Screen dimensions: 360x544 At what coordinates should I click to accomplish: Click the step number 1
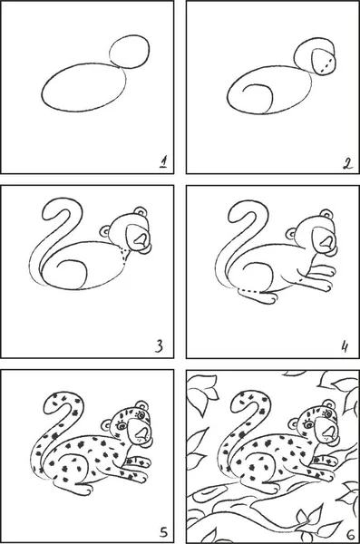(163, 161)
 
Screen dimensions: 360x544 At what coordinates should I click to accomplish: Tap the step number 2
(347, 162)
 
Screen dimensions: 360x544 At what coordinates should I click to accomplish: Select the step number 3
(159, 346)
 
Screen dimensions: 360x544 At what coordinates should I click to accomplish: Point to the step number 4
(345, 346)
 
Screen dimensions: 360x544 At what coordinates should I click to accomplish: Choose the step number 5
(163, 531)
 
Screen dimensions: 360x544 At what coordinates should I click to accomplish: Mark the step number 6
(350, 532)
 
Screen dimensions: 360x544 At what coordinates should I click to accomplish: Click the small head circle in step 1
(130, 52)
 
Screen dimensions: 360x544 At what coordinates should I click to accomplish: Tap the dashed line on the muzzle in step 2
(326, 66)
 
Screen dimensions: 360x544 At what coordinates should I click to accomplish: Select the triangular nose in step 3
(141, 239)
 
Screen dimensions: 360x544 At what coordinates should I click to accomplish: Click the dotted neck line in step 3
(123, 254)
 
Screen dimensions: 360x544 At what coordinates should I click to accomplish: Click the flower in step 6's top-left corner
(202, 394)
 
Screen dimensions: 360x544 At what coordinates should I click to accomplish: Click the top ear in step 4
(326, 214)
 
